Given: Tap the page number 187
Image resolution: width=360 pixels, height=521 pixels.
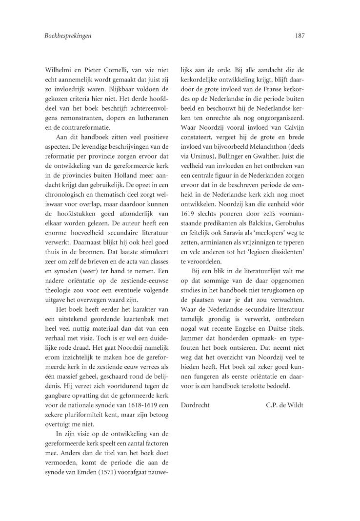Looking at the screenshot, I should tap(298, 35).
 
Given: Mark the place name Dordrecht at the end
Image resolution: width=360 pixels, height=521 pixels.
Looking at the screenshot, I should tap(195, 405).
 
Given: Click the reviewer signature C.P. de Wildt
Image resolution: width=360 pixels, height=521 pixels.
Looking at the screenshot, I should tap(285, 405).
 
